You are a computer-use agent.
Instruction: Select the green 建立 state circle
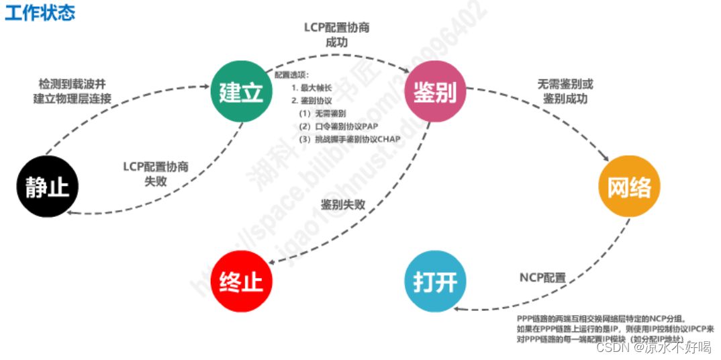241,93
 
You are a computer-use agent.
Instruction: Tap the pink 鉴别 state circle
434,93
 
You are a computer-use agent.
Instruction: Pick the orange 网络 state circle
628,187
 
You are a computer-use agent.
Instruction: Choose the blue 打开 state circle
435,281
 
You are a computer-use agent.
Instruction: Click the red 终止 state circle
241,281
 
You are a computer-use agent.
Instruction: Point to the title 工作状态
40,13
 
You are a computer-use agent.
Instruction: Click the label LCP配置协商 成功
336,34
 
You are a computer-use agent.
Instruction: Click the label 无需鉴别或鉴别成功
565,91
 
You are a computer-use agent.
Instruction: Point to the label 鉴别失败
343,204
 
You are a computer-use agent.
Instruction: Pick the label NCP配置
542,277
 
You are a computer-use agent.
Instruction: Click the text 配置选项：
293,75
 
